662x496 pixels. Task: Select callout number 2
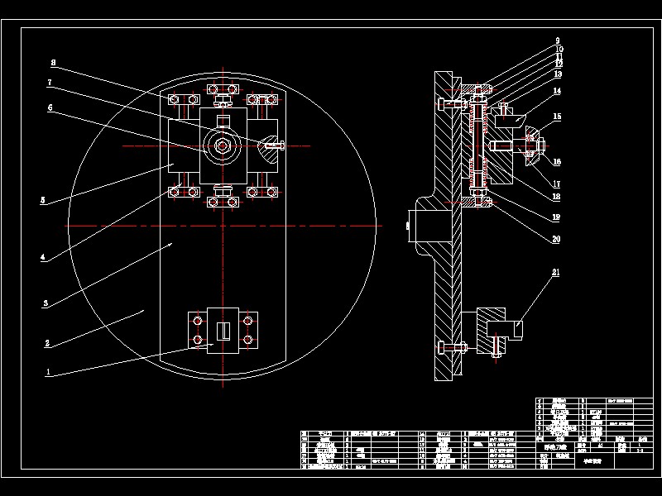point(48,342)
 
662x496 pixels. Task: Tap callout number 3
point(46,303)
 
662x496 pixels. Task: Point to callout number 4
point(42,257)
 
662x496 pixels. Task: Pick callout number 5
point(42,199)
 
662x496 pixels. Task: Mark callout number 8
point(53,62)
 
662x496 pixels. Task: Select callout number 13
point(558,74)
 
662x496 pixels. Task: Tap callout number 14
point(558,91)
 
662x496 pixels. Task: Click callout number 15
point(557,117)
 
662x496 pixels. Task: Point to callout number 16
point(557,162)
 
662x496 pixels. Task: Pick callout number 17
point(556,184)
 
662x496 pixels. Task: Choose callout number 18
point(556,197)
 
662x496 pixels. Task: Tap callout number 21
point(556,272)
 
